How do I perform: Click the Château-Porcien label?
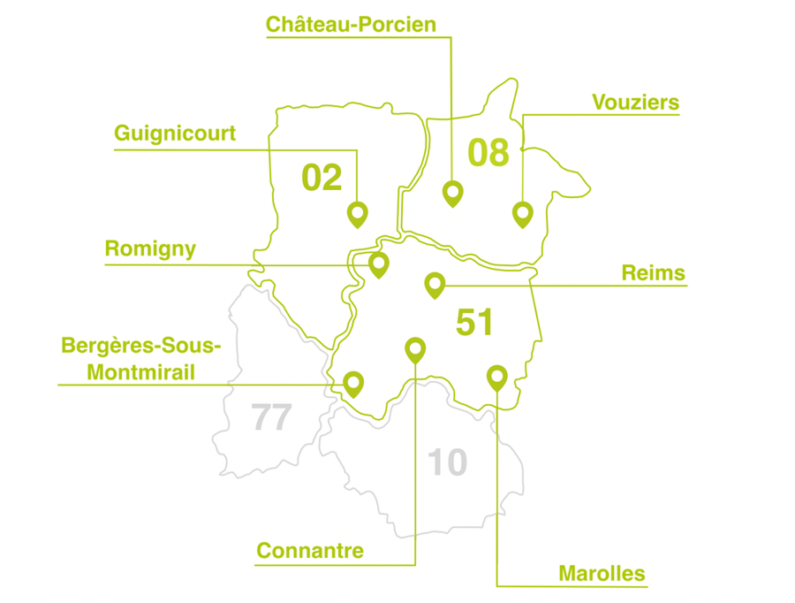(351, 25)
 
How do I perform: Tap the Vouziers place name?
(635, 103)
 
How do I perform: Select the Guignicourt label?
(175, 134)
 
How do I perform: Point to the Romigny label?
(150, 249)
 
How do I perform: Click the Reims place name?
(653, 272)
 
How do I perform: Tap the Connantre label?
(310, 551)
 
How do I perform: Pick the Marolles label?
(602, 573)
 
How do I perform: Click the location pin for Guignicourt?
(357, 213)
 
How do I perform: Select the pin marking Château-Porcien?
(452, 192)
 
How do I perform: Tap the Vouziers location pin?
(523, 213)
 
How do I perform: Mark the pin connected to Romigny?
(379, 263)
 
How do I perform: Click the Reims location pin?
(434, 284)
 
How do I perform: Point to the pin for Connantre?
(414, 348)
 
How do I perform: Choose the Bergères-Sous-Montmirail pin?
(353, 383)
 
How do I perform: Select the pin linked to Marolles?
(496, 377)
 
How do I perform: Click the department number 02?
(322, 178)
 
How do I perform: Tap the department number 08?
(488, 152)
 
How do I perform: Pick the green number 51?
(474, 323)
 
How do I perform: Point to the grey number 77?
(271, 416)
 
